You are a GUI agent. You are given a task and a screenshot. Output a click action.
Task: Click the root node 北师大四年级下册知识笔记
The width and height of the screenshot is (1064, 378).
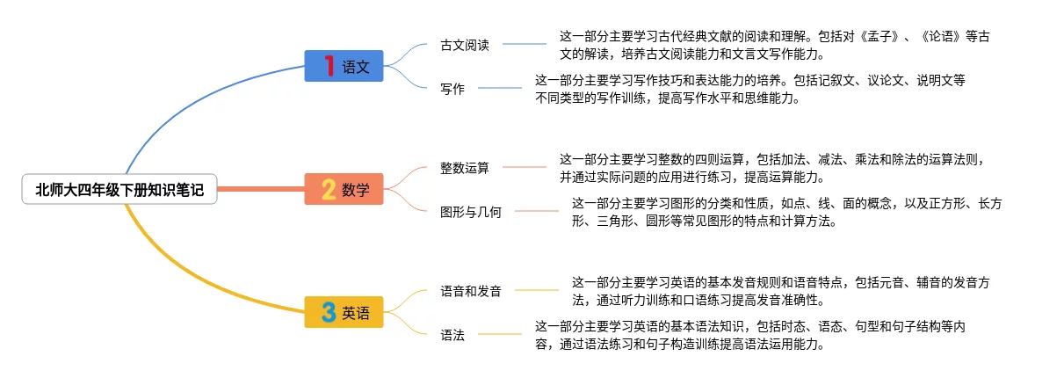point(119,189)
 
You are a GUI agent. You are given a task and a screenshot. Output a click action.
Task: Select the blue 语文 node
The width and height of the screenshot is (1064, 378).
point(344,66)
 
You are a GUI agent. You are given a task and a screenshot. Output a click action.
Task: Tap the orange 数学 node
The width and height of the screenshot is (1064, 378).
point(344,189)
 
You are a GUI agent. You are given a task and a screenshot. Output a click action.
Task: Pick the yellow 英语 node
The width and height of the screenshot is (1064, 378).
point(344,312)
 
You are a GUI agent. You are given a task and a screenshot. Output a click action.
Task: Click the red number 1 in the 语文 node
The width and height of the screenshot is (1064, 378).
point(329,66)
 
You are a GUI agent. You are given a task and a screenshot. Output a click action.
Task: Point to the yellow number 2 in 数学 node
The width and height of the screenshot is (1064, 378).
point(329,189)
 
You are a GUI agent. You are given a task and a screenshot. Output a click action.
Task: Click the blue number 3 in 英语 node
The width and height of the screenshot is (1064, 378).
point(329,312)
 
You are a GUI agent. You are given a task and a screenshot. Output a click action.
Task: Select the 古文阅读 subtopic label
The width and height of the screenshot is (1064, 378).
point(465,45)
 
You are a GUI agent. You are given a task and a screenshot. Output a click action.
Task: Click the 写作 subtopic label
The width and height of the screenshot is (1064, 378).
point(452,88)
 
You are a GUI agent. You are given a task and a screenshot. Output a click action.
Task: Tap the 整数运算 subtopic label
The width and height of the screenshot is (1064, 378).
point(465,167)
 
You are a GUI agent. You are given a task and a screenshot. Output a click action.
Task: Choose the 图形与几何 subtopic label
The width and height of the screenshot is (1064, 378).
point(471,211)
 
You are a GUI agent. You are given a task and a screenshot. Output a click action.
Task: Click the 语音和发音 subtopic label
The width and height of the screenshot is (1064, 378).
point(471,290)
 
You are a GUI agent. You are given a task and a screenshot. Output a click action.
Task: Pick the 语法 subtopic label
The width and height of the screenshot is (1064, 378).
point(452,334)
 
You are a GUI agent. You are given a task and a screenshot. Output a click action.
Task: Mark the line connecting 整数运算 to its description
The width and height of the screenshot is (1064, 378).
point(525,167)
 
